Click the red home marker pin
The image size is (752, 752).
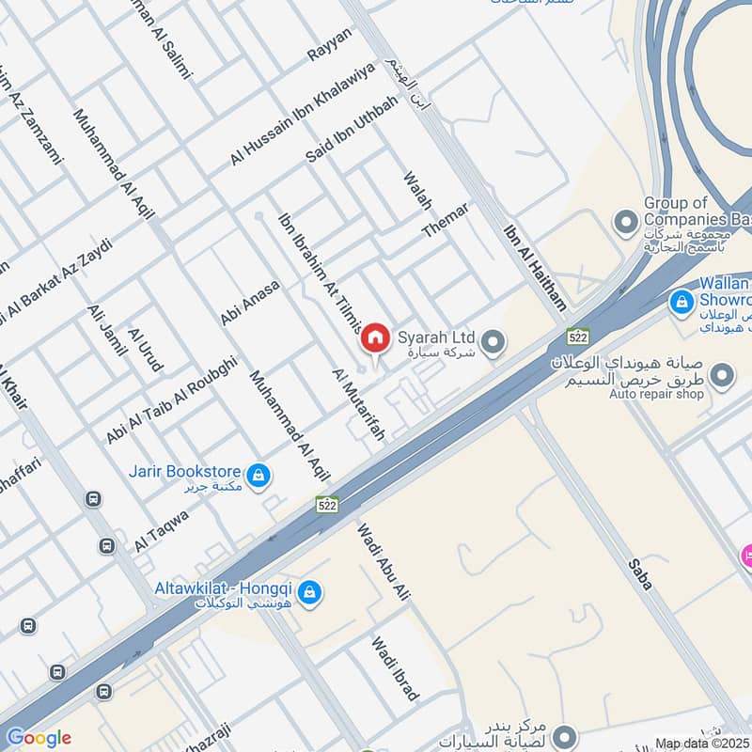[375, 337]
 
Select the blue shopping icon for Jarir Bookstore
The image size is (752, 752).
[258, 476]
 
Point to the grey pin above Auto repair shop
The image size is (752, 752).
[722, 378]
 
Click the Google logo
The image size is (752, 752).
[39, 738]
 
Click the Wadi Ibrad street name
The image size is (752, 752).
[395, 669]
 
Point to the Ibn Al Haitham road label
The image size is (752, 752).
[536, 268]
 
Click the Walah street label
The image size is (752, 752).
[415, 192]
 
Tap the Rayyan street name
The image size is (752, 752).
[329, 44]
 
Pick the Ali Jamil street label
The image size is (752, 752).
[106, 330]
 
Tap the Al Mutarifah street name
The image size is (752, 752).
[359, 405]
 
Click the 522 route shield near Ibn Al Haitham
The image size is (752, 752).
[577, 335]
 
